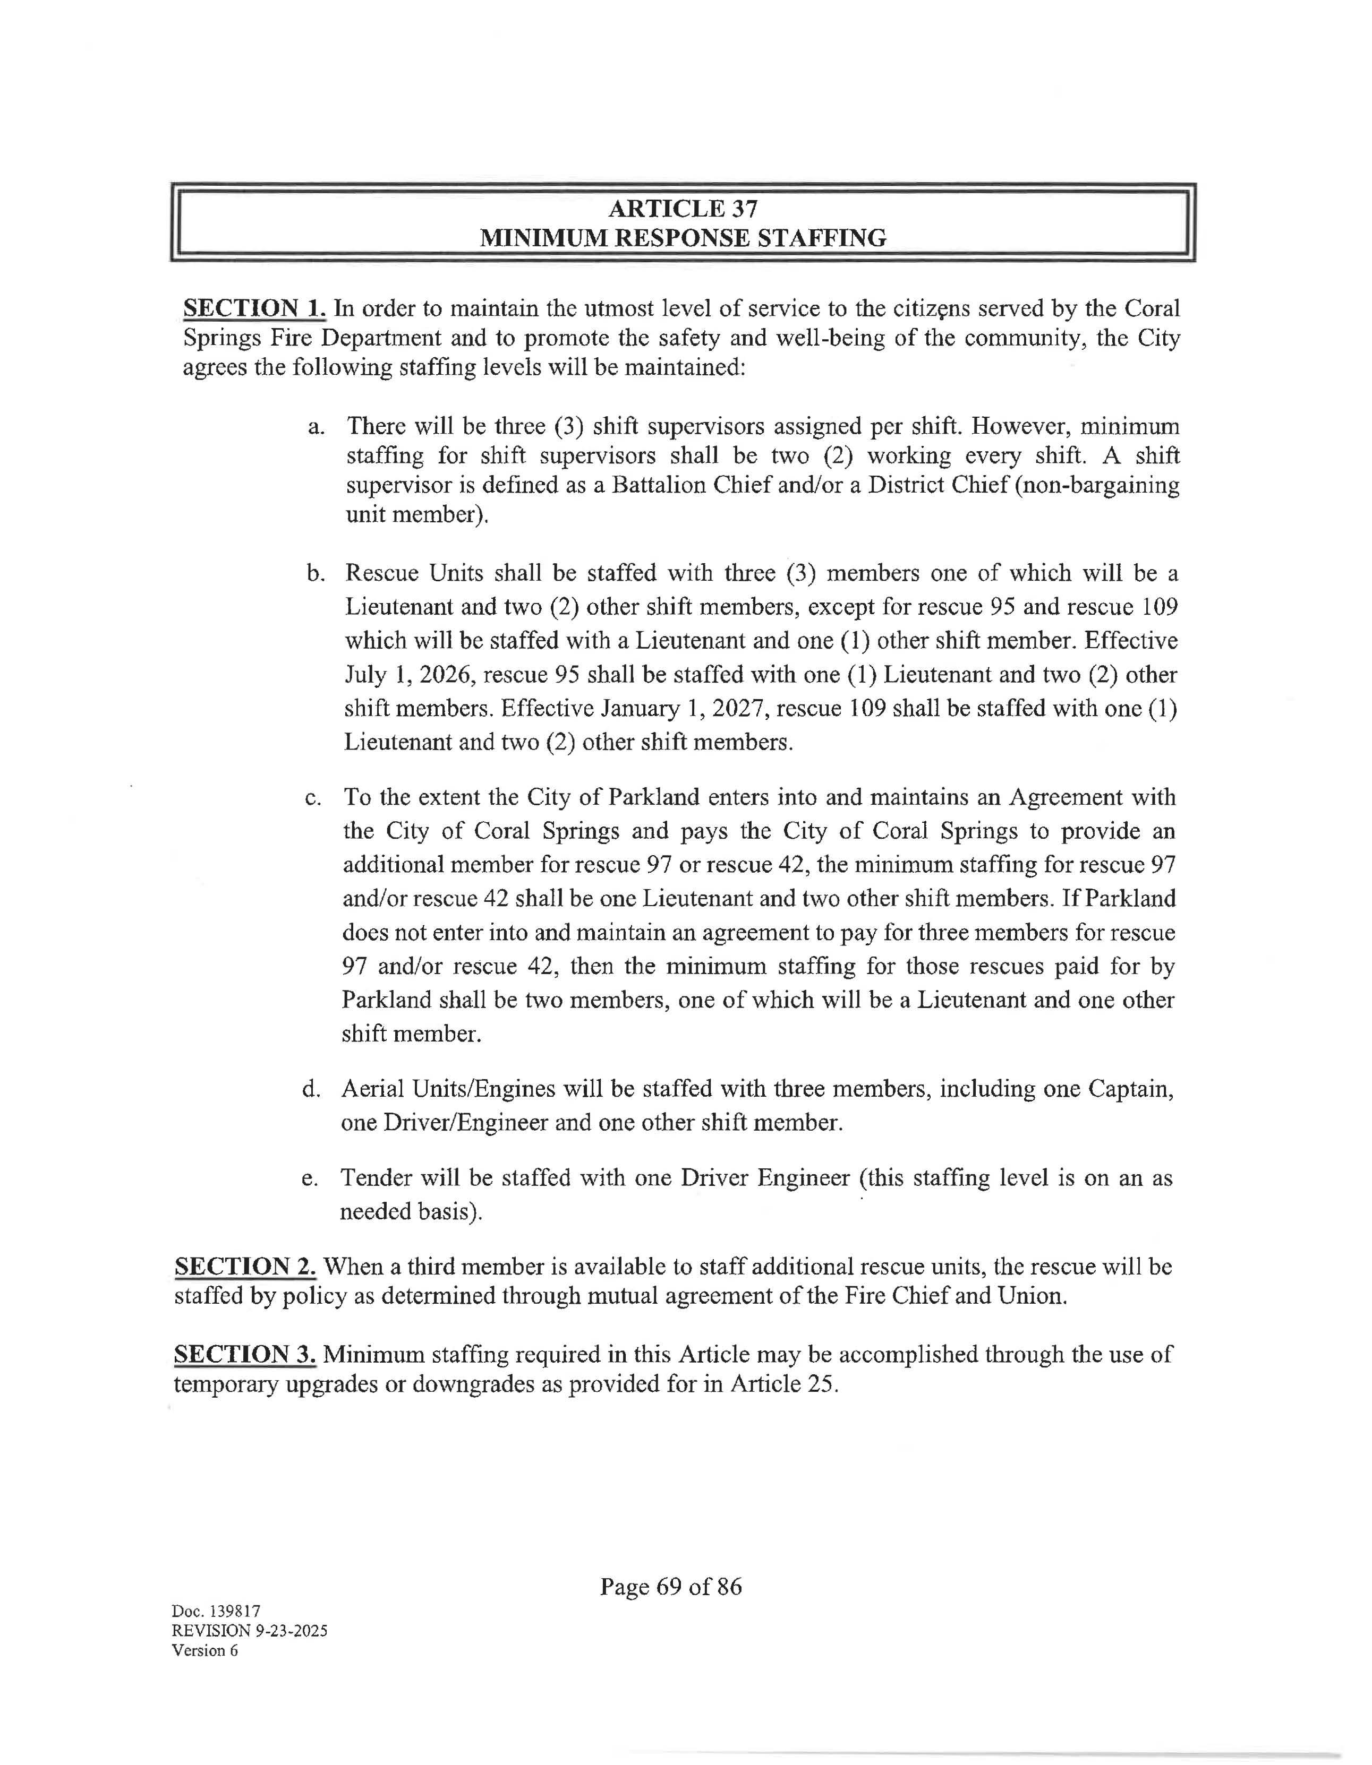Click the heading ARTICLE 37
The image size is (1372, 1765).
[x=683, y=209]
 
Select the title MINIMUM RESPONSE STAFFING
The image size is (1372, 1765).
[x=683, y=238]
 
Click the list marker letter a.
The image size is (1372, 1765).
[x=316, y=427]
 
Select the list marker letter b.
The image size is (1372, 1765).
[x=316, y=574]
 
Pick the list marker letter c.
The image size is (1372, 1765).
[x=314, y=798]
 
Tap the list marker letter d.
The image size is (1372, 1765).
[x=312, y=1089]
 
